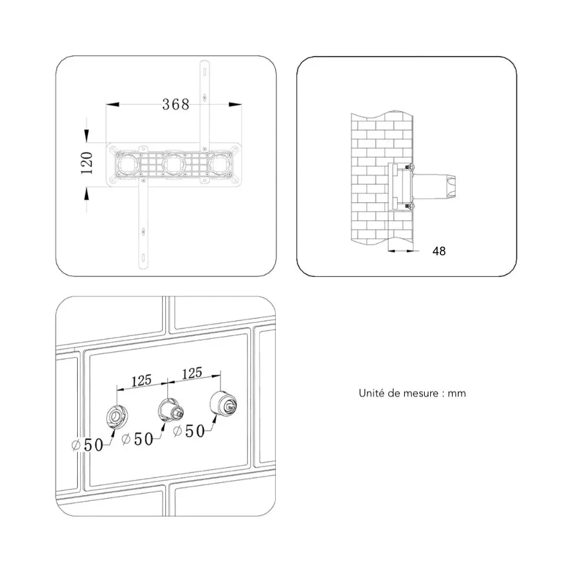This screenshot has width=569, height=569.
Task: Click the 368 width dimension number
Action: (176, 104)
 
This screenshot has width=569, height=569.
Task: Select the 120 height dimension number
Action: (87, 163)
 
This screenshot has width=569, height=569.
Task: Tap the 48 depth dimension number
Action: (439, 251)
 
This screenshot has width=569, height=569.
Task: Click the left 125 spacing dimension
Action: (141, 381)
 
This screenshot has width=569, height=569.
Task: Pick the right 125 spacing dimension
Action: (192, 373)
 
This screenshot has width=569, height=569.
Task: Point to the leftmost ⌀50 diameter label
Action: (87, 445)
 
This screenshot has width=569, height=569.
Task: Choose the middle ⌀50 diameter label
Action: (138, 439)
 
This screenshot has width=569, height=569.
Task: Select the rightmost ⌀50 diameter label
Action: (189, 431)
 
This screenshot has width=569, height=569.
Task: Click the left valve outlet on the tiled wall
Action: (117, 416)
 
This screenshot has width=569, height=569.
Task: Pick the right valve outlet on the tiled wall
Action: (224, 404)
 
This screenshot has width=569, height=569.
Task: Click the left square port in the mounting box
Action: (128, 165)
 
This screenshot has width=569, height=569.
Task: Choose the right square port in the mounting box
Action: (221, 165)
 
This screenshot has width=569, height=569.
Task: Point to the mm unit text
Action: (457, 394)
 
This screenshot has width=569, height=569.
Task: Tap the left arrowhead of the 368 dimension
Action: (112, 104)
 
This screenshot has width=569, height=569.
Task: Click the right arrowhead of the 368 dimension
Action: (235, 104)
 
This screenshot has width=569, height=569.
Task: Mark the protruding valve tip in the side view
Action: (451, 187)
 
